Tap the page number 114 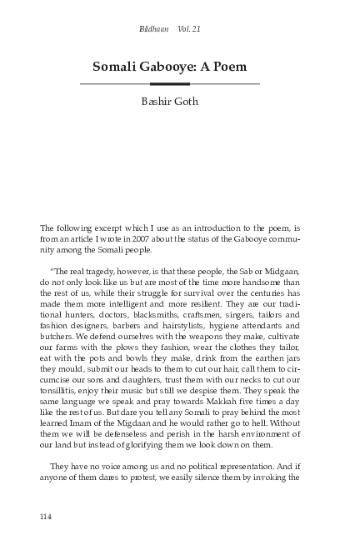point(46,516)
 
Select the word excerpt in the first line point(107,226)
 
